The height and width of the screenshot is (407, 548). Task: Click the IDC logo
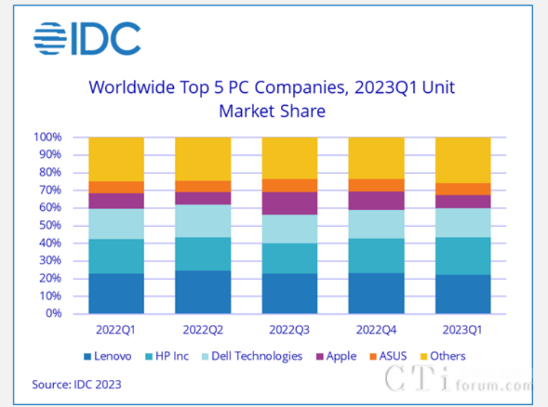[x=87, y=38]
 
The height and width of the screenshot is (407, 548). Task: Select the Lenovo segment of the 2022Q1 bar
[x=116, y=293]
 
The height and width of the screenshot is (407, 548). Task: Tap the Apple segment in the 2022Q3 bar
[x=289, y=203]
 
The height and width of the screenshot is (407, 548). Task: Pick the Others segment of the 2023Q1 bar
[x=463, y=159]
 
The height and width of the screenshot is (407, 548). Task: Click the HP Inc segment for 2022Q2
[x=203, y=254]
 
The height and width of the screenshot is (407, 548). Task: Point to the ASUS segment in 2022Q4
[x=376, y=185]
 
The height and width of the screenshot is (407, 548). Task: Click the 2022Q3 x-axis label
[x=289, y=330]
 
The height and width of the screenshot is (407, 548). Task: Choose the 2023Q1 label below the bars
[x=463, y=330]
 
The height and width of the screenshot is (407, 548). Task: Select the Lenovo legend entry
[x=112, y=356]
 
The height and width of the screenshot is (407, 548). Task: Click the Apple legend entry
[x=341, y=356]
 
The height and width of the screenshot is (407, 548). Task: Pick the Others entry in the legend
[x=447, y=356]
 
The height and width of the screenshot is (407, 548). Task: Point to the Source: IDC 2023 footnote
[x=76, y=385]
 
